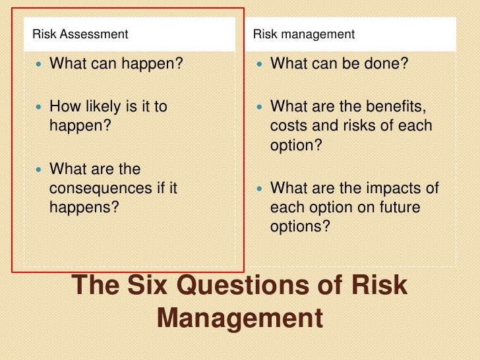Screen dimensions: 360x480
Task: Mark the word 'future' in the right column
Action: pyautogui.click(x=399, y=206)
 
